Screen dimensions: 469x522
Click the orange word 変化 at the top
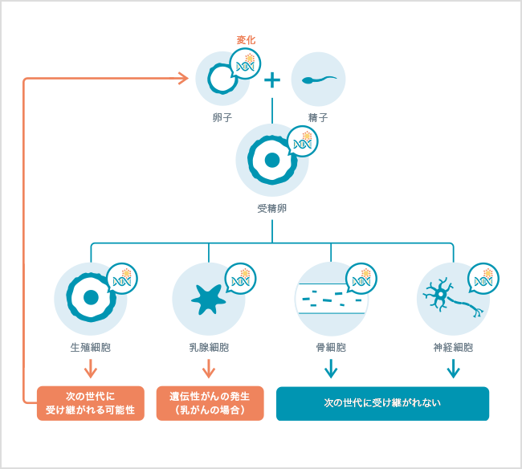[246, 40]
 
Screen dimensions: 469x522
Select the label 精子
[318, 117]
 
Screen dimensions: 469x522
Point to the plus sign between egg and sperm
[273, 80]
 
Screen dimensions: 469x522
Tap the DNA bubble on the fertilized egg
[302, 141]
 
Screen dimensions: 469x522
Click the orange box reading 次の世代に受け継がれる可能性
[90, 403]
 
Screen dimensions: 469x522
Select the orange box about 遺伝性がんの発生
[209, 403]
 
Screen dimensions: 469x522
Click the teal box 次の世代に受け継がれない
[382, 403]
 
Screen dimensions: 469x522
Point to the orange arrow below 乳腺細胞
[209, 369]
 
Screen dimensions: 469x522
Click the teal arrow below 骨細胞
[331, 369]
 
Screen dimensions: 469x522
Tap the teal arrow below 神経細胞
[453, 369]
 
